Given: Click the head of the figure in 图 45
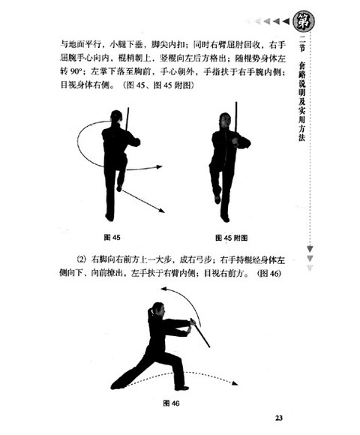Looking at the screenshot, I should [x=115, y=117].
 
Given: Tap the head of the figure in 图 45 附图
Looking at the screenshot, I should [x=224, y=118].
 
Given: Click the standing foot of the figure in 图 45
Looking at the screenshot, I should [x=110, y=217].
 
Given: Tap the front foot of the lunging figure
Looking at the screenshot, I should [x=181, y=386].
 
